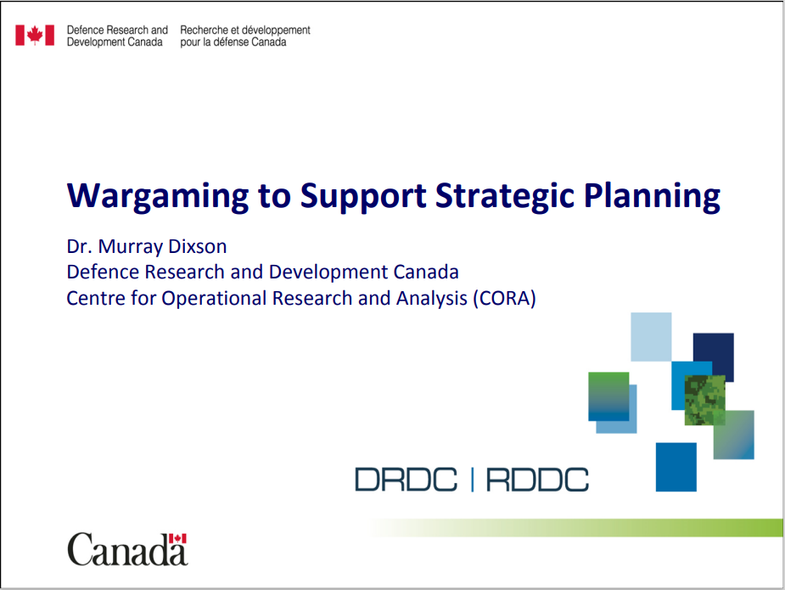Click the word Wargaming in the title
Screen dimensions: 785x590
tap(158, 196)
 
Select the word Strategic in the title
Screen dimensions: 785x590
tap(505, 196)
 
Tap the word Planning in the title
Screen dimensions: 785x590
tap(652, 196)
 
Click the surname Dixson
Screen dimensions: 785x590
tap(197, 246)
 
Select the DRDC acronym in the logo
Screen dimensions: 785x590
tap(406, 480)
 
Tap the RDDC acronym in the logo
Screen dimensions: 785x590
tap(537, 480)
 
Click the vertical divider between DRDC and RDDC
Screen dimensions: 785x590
tap(472, 480)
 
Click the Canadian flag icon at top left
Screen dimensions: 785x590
tap(35, 36)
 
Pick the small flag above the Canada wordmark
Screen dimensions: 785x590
tap(177, 538)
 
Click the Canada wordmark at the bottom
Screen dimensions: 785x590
tap(127, 549)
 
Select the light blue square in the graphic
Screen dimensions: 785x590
tap(651, 336)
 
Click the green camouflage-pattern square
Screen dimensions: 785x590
tap(705, 400)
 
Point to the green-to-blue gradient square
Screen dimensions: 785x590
tap(608, 396)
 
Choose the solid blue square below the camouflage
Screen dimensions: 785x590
tap(676, 467)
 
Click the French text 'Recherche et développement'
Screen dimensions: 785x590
tap(245, 30)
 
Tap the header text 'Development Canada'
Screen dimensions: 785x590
tap(115, 42)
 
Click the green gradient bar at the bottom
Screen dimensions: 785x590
tap(575, 528)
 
